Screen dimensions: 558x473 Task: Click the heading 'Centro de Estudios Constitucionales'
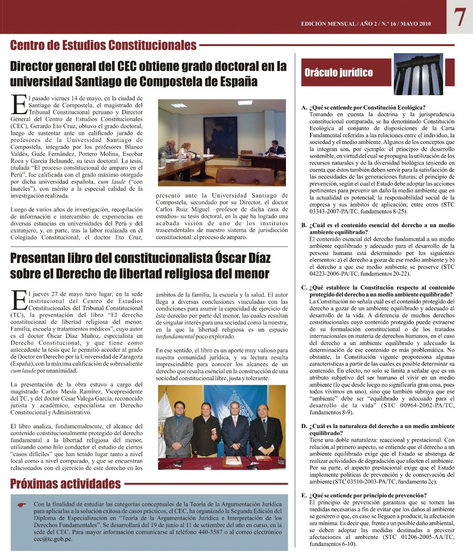[x=103, y=45]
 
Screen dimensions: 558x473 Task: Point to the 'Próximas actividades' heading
[x=66, y=484]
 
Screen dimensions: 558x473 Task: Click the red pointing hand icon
[x=22, y=505]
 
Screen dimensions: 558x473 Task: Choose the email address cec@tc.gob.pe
[x=53, y=539]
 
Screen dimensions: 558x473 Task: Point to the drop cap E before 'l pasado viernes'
[x=18, y=104]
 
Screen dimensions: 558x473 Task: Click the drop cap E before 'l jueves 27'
[x=18, y=300]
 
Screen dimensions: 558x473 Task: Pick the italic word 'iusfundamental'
[x=175, y=337]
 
